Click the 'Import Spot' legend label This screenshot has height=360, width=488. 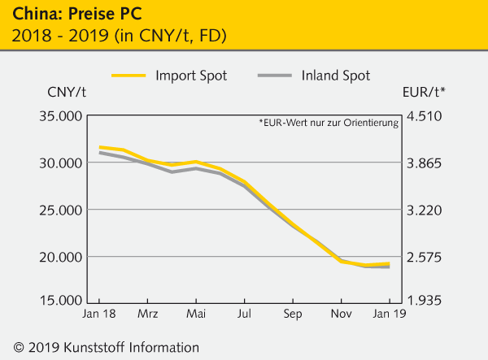[x=191, y=76]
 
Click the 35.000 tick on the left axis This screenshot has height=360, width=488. [x=59, y=116]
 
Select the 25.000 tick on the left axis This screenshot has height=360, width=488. [x=59, y=210]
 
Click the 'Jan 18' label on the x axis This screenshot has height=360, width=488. [x=98, y=313]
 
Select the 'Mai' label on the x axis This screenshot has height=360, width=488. [x=196, y=313]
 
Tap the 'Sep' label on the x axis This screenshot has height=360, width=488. [x=293, y=313]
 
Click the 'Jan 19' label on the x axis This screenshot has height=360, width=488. [x=386, y=313]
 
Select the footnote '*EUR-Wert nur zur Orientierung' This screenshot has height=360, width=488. [x=329, y=124]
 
